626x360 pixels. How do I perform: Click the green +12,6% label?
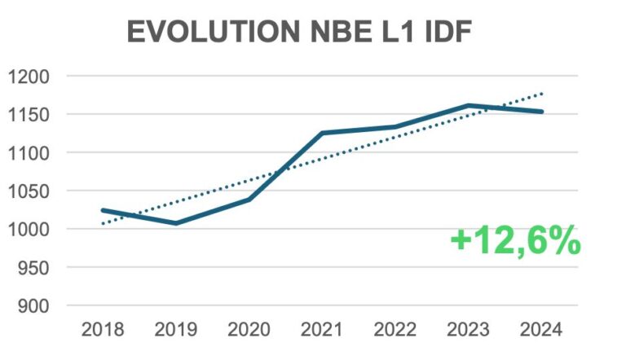(x=515, y=241)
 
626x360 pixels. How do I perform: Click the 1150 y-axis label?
(x=29, y=115)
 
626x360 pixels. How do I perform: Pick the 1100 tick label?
(x=29, y=153)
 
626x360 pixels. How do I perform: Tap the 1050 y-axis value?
(x=29, y=191)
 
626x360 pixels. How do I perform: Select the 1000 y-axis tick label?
(x=29, y=230)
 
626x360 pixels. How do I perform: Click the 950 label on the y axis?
(x=33, y=268)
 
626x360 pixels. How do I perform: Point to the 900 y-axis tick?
(x=33, y=306)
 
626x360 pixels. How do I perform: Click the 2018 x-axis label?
(x=103, y=330)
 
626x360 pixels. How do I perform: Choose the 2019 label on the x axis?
(x=175, y=330)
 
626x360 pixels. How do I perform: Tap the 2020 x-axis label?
(x=249, y=330)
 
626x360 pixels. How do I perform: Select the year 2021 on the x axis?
(x=321, y=330)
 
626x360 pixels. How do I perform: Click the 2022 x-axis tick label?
(x=395, y=330)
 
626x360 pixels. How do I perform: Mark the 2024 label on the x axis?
(x=541, y=330)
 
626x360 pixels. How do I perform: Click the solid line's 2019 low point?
(x=175, y=222)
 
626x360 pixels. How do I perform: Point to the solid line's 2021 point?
(x=321, y=133)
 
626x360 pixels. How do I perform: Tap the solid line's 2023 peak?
(x=468, y=105)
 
